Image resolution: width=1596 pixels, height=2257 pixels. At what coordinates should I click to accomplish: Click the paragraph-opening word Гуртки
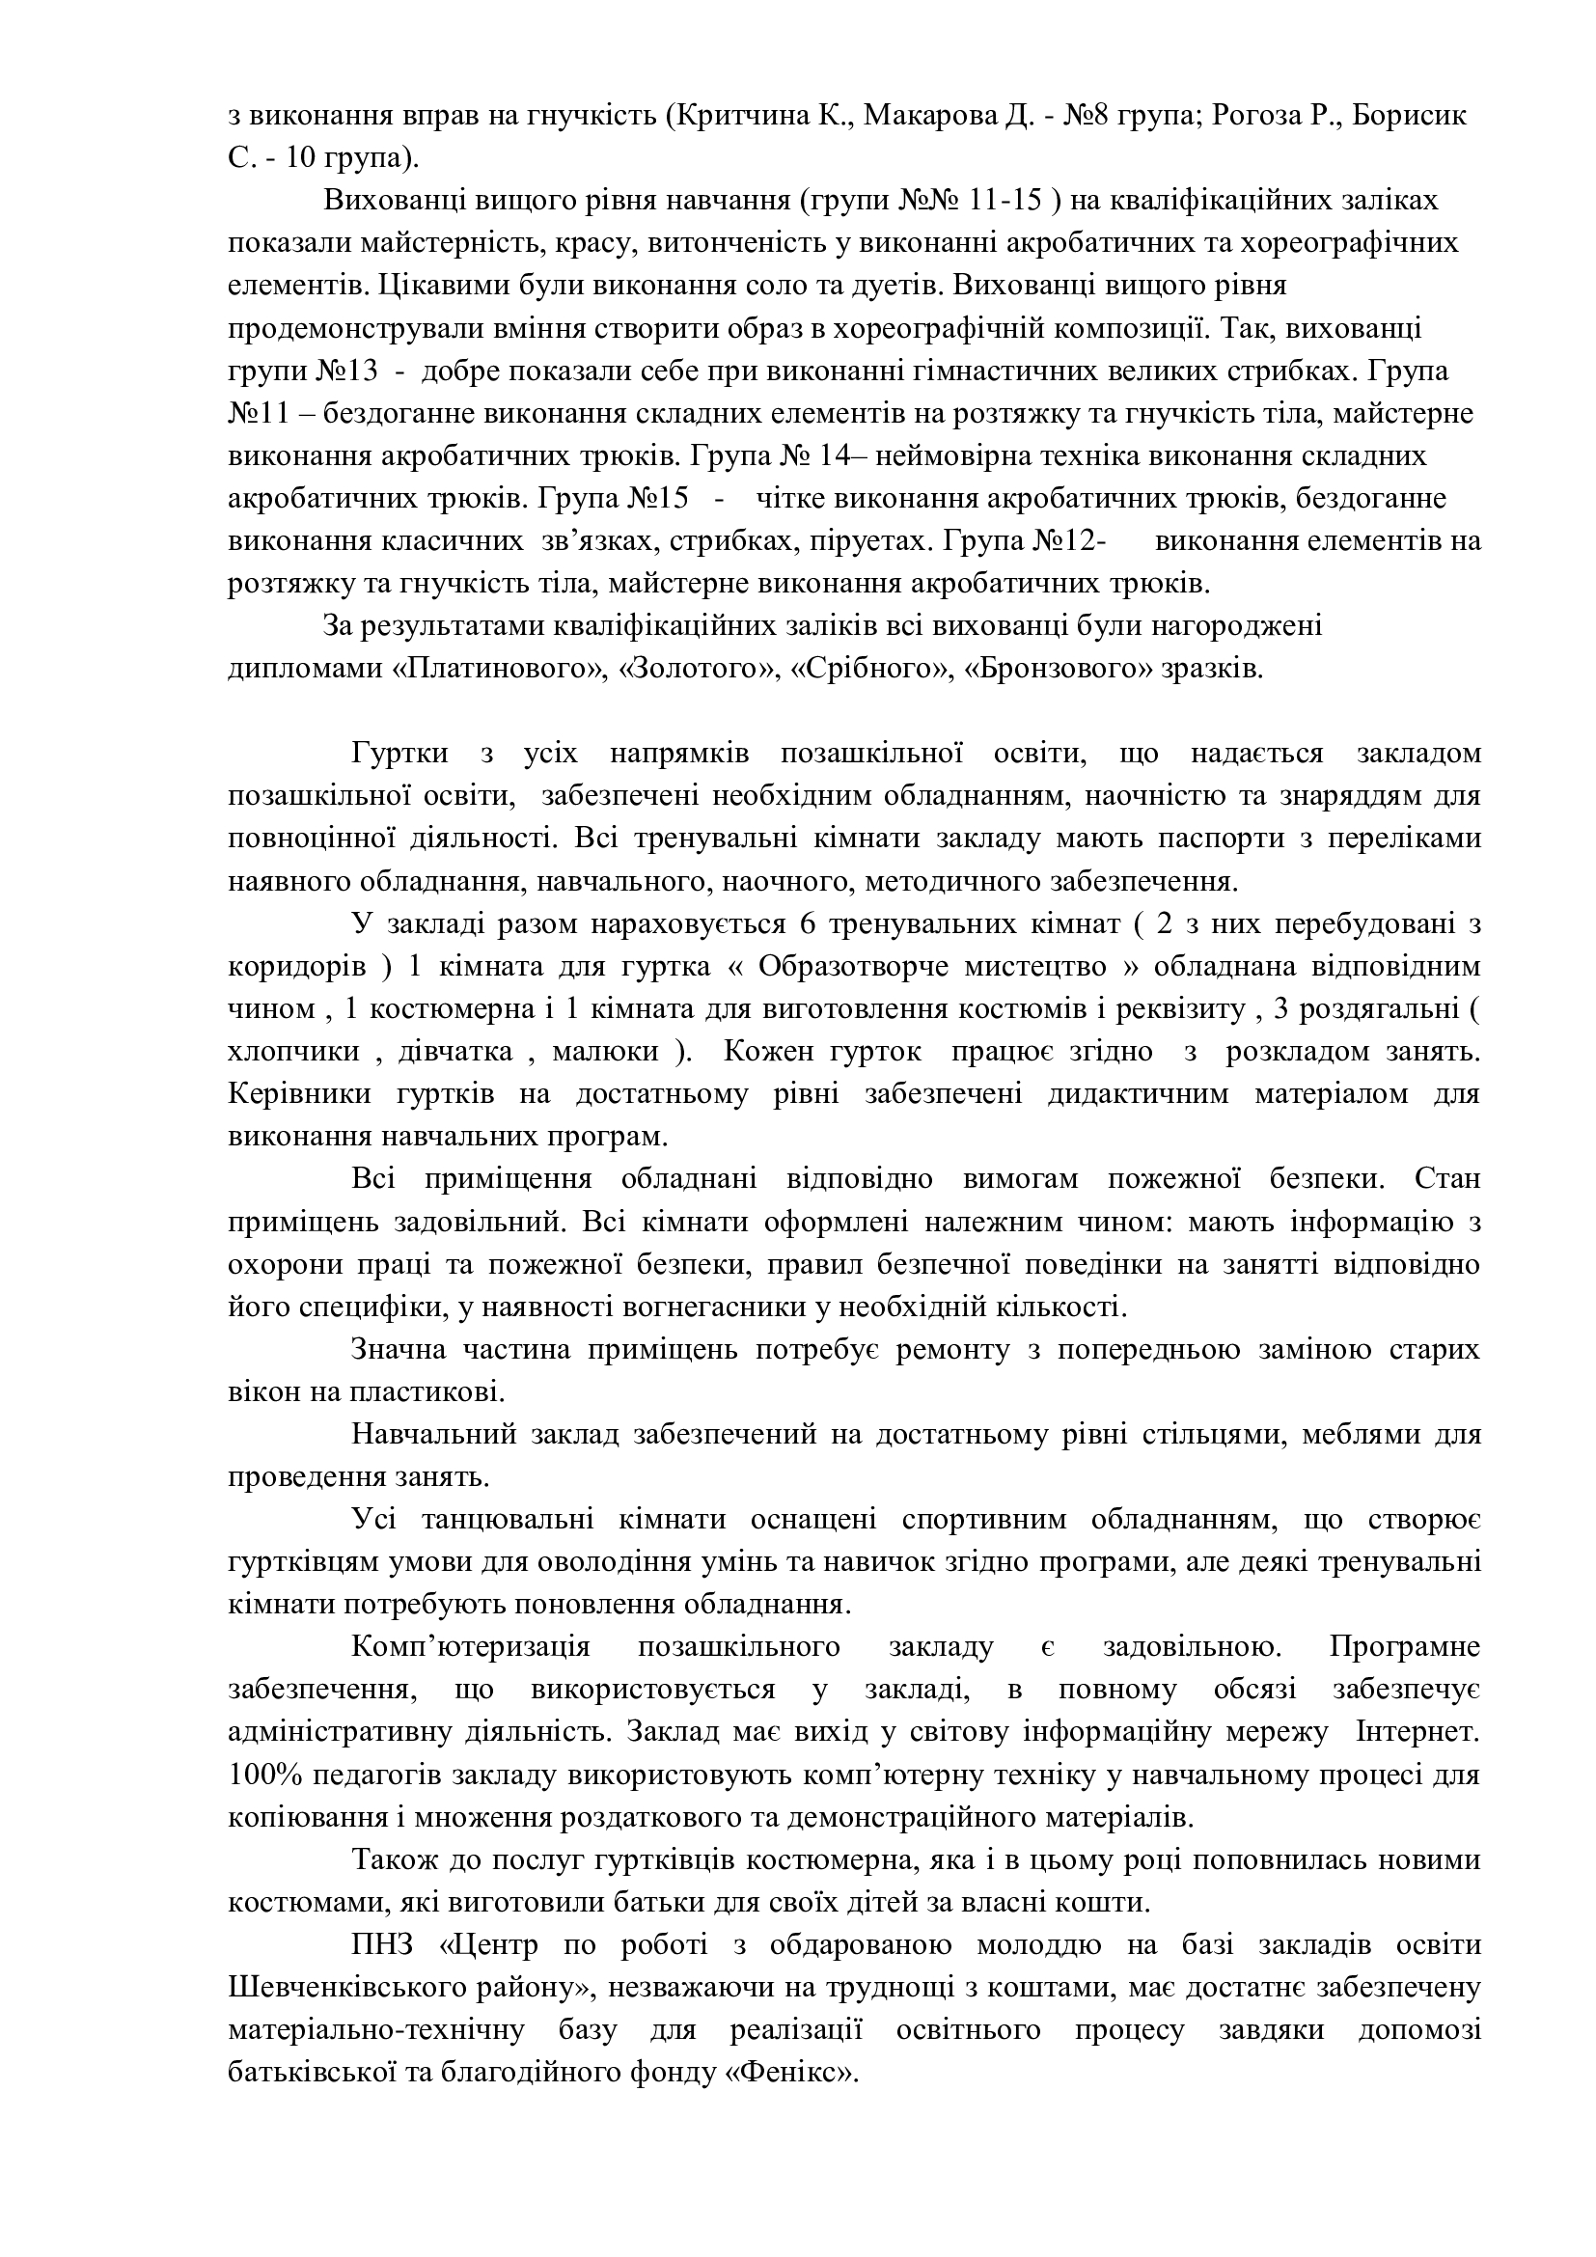[x=400, y=754]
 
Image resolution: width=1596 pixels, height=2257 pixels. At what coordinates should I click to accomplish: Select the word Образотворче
[x=851, y=966]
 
